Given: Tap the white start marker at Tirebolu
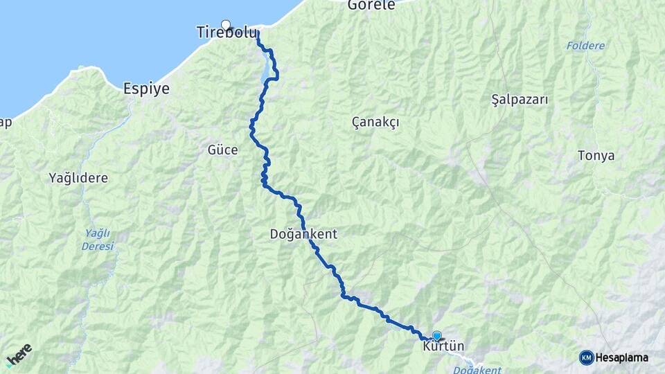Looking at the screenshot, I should [225, 25].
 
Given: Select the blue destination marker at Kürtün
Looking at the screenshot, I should [436, 336].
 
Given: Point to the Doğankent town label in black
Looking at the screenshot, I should [303, 234].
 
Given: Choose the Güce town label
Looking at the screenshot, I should [222, 150].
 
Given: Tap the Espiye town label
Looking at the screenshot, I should [145, 89].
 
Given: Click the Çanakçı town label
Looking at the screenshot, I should [375, 122].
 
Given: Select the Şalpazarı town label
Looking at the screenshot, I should [519, 100].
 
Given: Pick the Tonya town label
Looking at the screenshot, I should [596, 156].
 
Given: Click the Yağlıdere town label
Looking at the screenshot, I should [78, 178].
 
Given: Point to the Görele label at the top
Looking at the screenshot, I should [371, 5].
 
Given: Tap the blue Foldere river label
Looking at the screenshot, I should [585, 46].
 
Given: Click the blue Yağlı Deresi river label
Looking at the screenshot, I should [97, 240].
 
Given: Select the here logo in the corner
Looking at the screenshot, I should [19, 354].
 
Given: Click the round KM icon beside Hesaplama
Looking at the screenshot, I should [586, 357].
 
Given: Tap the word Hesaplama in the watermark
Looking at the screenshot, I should [623, 357].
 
